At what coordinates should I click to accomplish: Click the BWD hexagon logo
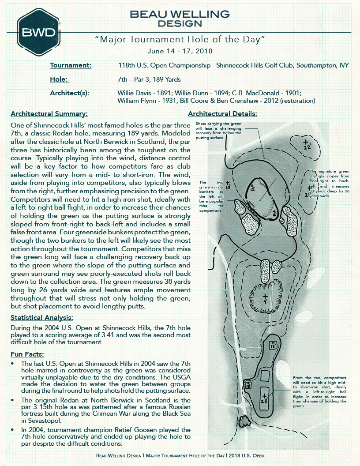coord(37,32)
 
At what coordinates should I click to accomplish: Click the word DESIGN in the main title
coord(180,23)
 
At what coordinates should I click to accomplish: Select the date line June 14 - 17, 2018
coord(180,51)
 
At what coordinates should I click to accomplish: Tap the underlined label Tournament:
coord(71,65)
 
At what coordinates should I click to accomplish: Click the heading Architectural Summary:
coord(49,113)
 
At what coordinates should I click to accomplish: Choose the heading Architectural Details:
coord(222,113)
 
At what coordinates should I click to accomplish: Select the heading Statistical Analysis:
coord(42,317)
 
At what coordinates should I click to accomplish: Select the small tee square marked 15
coord(274,345)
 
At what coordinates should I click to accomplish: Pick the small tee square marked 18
coord(248,385)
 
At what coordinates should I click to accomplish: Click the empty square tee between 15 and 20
coord(265,376)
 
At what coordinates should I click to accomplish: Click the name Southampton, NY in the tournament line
coord(322,65)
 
